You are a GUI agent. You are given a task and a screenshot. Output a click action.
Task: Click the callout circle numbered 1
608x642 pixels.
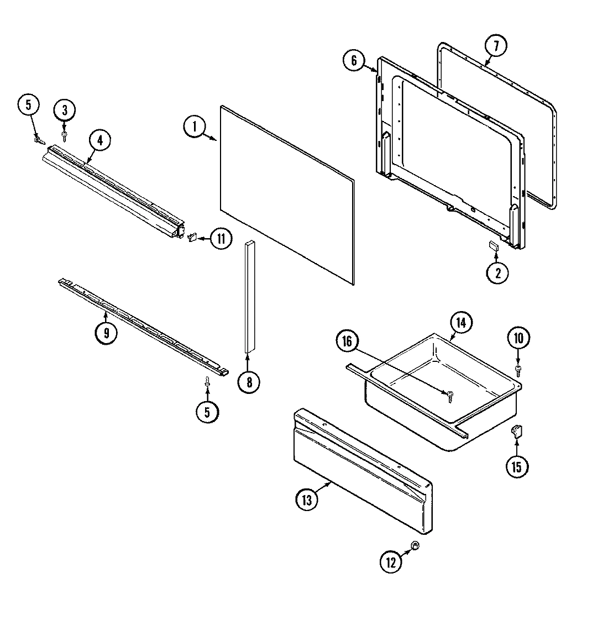[194, 127]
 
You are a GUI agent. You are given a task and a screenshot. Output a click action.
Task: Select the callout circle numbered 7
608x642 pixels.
[495, 47]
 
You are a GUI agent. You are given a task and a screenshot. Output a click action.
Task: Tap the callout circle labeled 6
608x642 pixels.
[354, 60]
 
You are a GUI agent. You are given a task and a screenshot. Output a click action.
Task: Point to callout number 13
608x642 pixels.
[307, 501]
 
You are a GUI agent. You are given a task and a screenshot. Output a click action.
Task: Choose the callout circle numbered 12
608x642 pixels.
[391, 562]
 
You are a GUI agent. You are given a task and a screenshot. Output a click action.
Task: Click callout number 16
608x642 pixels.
[347, 341]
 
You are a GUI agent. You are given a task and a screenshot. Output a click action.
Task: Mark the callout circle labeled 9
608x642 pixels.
[106, 333]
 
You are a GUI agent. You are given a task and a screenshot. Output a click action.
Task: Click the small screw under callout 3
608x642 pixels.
[65, 134]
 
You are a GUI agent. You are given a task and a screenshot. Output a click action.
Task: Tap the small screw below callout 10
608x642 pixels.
[518, 369]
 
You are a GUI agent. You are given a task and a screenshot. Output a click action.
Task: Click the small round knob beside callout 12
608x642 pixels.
[416, 546]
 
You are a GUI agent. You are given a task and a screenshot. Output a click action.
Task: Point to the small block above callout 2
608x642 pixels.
[493, 246]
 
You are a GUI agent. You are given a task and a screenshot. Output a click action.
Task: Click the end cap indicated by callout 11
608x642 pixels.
[193, 238]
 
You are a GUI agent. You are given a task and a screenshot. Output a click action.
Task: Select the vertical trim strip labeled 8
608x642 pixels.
[248, 298]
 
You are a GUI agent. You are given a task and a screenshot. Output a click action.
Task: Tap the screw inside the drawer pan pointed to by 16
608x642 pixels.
[449, 393]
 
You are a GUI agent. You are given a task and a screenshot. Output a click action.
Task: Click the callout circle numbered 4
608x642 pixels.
[99, 140]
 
